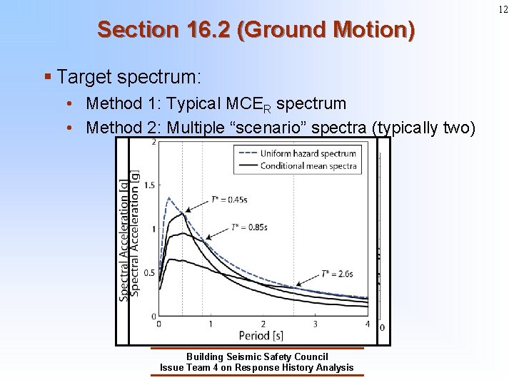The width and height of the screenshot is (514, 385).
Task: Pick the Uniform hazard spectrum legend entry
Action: [x=308, y=153]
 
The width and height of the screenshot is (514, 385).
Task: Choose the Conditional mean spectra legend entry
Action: [x=308, y=165]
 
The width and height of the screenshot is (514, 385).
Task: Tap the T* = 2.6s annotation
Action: [x=337, y=273]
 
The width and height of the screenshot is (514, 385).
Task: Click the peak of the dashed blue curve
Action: [x=168, y=198]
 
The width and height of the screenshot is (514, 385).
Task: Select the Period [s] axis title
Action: [x=261, y=335]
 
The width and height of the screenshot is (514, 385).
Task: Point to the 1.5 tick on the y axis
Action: [x=148, y=185]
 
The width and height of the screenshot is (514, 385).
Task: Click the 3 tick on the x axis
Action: [x=316, y=324]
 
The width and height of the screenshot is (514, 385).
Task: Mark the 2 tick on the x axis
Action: [x=263, y=324]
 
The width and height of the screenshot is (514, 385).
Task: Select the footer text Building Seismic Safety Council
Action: [x=257, y=356]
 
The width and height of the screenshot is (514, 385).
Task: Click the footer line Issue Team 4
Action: [x=257, y=368]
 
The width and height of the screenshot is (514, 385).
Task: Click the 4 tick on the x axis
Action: [x=368, y=324]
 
